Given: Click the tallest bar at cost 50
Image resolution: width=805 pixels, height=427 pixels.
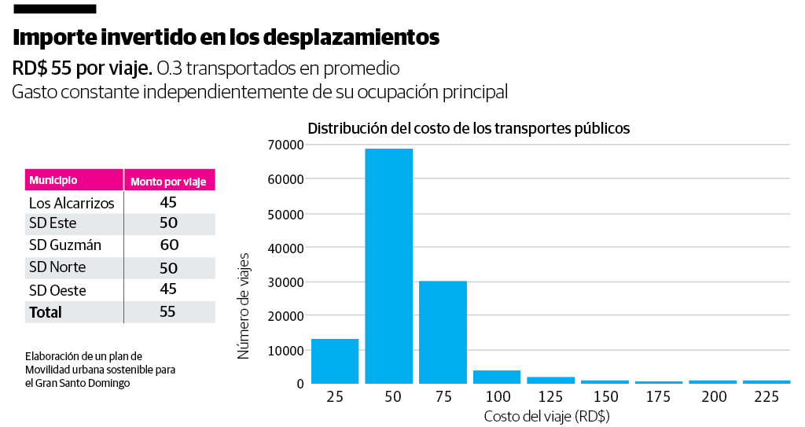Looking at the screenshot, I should click(x=388, y=266).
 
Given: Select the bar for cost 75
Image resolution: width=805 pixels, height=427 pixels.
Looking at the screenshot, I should click(x=443, y=332).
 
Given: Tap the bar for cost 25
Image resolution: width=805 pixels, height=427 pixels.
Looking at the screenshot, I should click(x=335, y=361).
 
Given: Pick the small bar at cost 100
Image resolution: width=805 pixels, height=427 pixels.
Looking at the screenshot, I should click(x=497, y=377).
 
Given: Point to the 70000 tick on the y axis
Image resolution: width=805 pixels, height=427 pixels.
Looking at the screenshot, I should click(x=285, y=145).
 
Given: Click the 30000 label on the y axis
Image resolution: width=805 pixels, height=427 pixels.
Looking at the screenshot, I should click(x=285, y=282).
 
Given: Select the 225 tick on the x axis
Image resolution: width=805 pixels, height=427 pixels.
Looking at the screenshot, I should click(x=766, y=397).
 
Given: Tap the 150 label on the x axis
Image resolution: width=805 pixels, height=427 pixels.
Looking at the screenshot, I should click(x=605, y=397).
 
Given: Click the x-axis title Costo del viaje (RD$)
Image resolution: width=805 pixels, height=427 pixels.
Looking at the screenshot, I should click(x=547, y=416).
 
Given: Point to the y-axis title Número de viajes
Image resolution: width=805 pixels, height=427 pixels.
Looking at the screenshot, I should click(x=244, y=306).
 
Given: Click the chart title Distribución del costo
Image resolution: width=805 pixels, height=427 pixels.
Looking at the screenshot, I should click(x=469, y=128).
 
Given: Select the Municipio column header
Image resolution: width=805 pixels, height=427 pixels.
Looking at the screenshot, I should click(x=53, y=181).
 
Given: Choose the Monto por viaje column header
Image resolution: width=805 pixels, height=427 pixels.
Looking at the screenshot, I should click(x=168, y=182).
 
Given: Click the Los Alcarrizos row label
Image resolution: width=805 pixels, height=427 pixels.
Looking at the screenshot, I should click(x=72, y=203).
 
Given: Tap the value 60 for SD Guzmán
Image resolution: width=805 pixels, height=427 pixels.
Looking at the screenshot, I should click(x=169, y=245).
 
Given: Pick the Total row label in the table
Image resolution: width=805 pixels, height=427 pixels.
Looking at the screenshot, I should click(x=46, y=312).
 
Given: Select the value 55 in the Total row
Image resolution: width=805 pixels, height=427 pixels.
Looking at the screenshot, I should click(x=167, y=311).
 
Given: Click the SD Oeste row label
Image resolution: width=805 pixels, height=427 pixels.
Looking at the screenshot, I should click(x=57, y=290).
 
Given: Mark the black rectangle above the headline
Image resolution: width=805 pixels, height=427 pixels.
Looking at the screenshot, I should click(x=55, y=9).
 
